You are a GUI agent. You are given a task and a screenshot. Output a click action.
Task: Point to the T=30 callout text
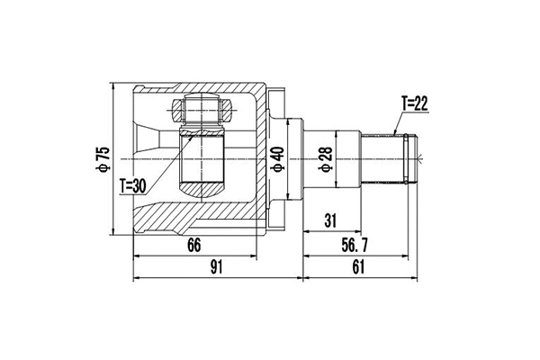coord(132,185)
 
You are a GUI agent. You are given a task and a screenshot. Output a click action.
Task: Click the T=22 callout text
coord(412,104)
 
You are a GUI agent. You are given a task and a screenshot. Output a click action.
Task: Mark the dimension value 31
coord(331,220)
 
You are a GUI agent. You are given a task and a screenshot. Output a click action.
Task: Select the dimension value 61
coord(360,267)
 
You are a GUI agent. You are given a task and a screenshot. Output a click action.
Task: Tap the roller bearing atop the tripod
coord(202,112)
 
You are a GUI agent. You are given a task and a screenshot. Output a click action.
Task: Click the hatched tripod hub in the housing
coord(202,162)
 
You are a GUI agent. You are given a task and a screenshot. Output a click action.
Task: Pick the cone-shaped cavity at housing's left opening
coord(148,144)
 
